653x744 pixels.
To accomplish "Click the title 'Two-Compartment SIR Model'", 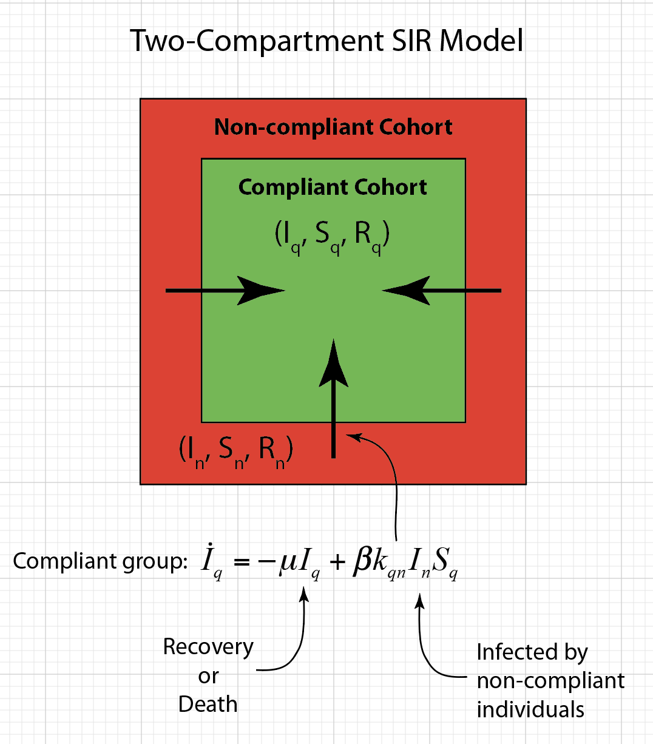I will pos(326,41).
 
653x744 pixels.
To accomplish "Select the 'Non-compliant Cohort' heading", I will pos(333,127).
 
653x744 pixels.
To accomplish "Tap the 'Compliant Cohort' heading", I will pos(333,187).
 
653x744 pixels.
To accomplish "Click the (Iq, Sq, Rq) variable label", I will pos(332,235).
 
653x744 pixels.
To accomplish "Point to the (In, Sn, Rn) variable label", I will pos(236,450).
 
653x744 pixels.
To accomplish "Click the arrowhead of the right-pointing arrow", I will pos(262,291).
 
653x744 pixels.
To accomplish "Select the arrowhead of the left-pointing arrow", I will pos(405,291).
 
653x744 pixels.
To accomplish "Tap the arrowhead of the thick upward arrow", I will pos(333,364).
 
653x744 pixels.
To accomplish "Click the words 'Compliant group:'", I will pos(100,561).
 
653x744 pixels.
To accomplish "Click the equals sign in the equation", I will pos(242,562).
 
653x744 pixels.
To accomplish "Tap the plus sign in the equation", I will pos(337,562).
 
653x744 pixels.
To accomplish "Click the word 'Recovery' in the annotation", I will pos(208,647).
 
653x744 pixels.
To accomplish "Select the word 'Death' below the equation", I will pos(208,704).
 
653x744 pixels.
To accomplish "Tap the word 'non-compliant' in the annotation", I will pos(550,681).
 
